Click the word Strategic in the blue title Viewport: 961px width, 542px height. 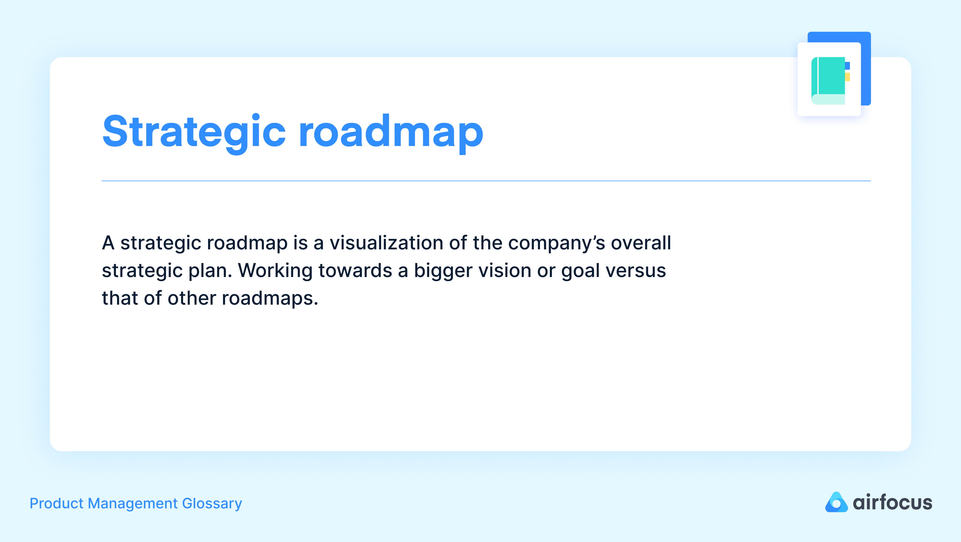click(x=194, y=131)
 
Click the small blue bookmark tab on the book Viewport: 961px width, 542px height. click(x=847, y=66)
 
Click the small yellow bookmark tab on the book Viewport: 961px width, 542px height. click(x=847, y=77)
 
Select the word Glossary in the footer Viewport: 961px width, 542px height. click(x=212, y=504)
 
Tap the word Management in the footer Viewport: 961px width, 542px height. click(x=133, y=504)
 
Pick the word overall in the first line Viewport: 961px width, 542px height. click(x=641, y=243)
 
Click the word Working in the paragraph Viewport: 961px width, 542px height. click(x=275, y=271)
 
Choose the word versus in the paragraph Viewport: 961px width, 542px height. click(x=636, y=271)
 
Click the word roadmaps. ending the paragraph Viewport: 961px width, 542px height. click(x=270, y=298)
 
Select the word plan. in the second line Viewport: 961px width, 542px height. click(x=210, y=271)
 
